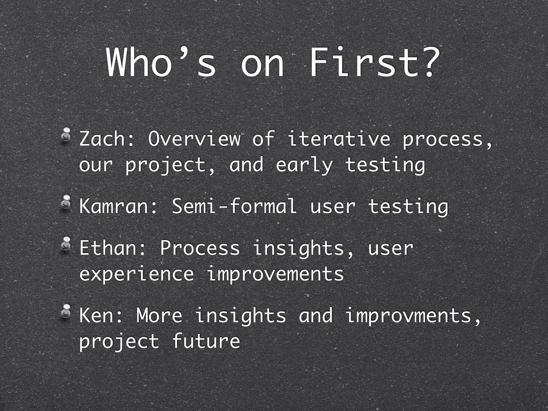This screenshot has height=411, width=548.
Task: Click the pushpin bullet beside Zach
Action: click(65, 135)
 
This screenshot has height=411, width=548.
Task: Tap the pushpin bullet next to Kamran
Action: click(65, 202)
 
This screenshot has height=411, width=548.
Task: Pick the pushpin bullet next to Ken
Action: click(65, 311)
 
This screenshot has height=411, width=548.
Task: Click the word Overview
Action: click(194, 139)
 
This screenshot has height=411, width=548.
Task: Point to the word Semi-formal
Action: click(234, 206)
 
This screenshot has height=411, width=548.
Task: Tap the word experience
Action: click(136, 274)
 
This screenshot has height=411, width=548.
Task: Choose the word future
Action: click(206, 341)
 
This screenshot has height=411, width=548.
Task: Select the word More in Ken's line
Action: click(159, 315)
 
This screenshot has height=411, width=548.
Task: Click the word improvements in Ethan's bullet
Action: click(275, 274)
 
